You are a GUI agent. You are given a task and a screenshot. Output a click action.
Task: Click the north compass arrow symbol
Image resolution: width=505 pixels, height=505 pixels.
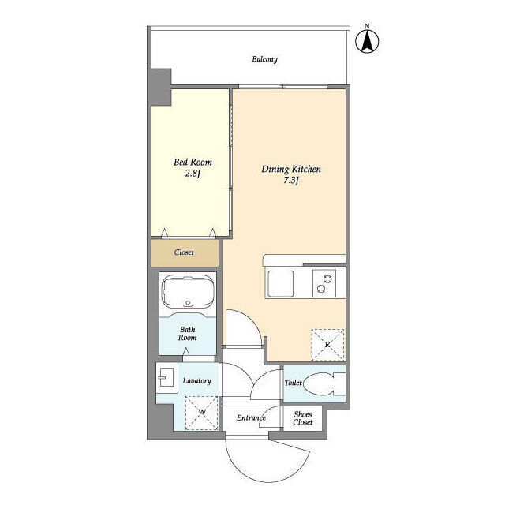click(367, 40)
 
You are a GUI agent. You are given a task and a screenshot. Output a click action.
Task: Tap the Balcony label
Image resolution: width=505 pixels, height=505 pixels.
click(264, 59)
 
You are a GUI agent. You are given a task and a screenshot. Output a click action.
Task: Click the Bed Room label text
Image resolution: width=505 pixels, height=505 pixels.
click(193, 162)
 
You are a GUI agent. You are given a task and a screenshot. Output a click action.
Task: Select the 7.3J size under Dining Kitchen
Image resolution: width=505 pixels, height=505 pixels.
click(291, 181)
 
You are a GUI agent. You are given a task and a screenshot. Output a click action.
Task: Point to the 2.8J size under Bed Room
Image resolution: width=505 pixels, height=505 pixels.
click(193, 174)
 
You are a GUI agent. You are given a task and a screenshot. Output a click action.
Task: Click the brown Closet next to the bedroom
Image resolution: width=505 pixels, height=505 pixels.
click(185, 252)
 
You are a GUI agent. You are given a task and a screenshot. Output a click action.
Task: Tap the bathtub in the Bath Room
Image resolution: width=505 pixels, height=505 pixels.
click(188, 292)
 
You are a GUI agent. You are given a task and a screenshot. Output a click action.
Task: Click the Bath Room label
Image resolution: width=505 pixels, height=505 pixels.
click(188, 334)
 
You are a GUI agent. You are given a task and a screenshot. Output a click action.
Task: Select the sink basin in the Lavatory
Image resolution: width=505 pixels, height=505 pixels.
click(166, 377)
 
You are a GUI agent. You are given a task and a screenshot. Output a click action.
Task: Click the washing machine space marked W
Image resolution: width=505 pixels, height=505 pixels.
click(202, 413)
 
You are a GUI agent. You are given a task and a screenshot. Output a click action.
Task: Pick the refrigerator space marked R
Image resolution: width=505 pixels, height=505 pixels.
click(327, 345)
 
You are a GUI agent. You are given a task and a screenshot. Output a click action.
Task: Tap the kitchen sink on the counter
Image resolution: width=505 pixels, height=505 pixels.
click(281, 283)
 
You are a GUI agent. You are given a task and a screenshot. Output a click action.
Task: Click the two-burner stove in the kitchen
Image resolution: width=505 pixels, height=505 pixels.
click(324, 283)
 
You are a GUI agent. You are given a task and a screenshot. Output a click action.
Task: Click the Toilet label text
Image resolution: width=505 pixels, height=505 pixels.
click(293, 383)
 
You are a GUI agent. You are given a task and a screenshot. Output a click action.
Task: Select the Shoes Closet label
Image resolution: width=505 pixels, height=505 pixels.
click(303, 418)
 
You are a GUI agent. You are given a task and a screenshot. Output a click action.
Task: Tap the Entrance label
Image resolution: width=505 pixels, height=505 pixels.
click(251, 418)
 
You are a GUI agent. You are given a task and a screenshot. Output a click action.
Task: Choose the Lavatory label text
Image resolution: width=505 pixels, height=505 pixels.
click(196, 380)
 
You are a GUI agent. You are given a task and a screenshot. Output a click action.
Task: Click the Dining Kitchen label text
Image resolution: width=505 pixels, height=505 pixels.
click(291, 169)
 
